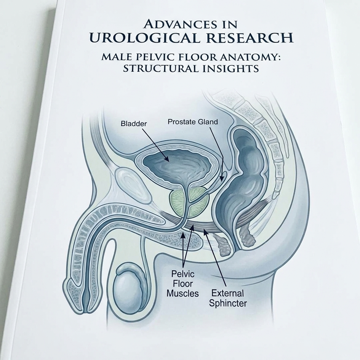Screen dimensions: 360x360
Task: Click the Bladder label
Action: [x=134, y=124]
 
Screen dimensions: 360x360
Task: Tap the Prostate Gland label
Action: [x=193, y=122]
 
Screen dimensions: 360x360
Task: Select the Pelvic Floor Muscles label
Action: [x=182, y=284]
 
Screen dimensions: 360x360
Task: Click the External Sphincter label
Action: [x=228, y=298]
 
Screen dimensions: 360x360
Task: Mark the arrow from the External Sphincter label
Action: [x=215, y=258]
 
